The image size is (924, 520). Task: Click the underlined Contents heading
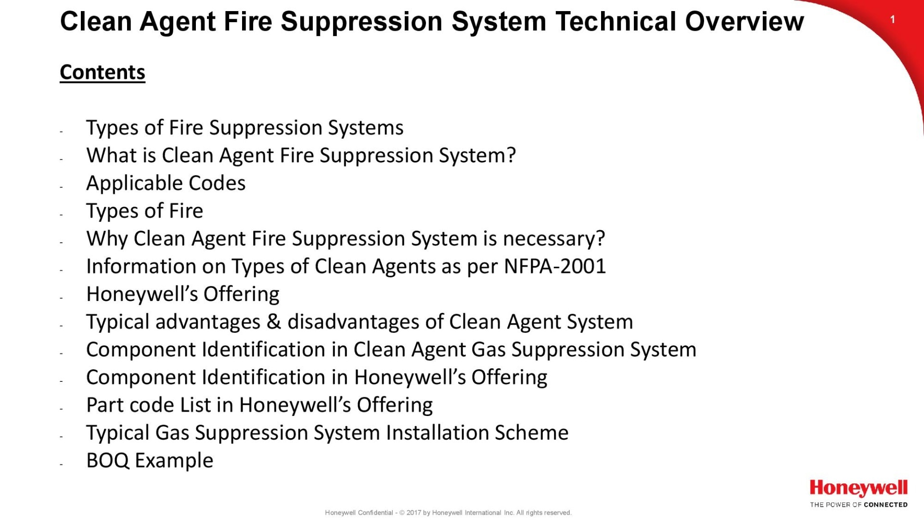pyautogui.click(x=103, y=72)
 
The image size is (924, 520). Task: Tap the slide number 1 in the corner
pyautogui.click(x=893, y=20)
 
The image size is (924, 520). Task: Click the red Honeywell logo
pyautogui.click(x=859, y=488)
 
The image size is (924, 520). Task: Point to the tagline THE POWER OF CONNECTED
pyautogui.click(x=859, y=505)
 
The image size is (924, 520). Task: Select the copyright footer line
pyautogui.click(x=448, y=513)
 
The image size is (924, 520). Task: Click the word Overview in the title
pyautogui.click(x=744, y=22)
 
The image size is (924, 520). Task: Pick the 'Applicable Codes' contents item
pyautogui.click(x=166, y=183)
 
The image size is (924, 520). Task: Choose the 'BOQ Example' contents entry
pyautogui.click(x=150, y=461)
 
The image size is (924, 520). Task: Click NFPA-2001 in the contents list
pyautogui.click(x=555, y=266)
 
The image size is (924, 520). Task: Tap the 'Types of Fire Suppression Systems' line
pyautogui.click(x=245, y=128)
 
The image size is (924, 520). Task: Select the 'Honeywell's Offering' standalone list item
pyautogui.click(x=183, y=294)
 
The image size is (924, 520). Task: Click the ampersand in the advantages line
pyautogui.click(x=274, y=322)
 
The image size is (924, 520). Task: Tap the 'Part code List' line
pyautogui.click(x=259, y=405)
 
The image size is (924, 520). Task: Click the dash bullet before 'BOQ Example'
pyautogui.click(x=62, y=464)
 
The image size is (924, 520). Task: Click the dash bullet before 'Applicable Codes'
pyautogui.click(x=62, y=187)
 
